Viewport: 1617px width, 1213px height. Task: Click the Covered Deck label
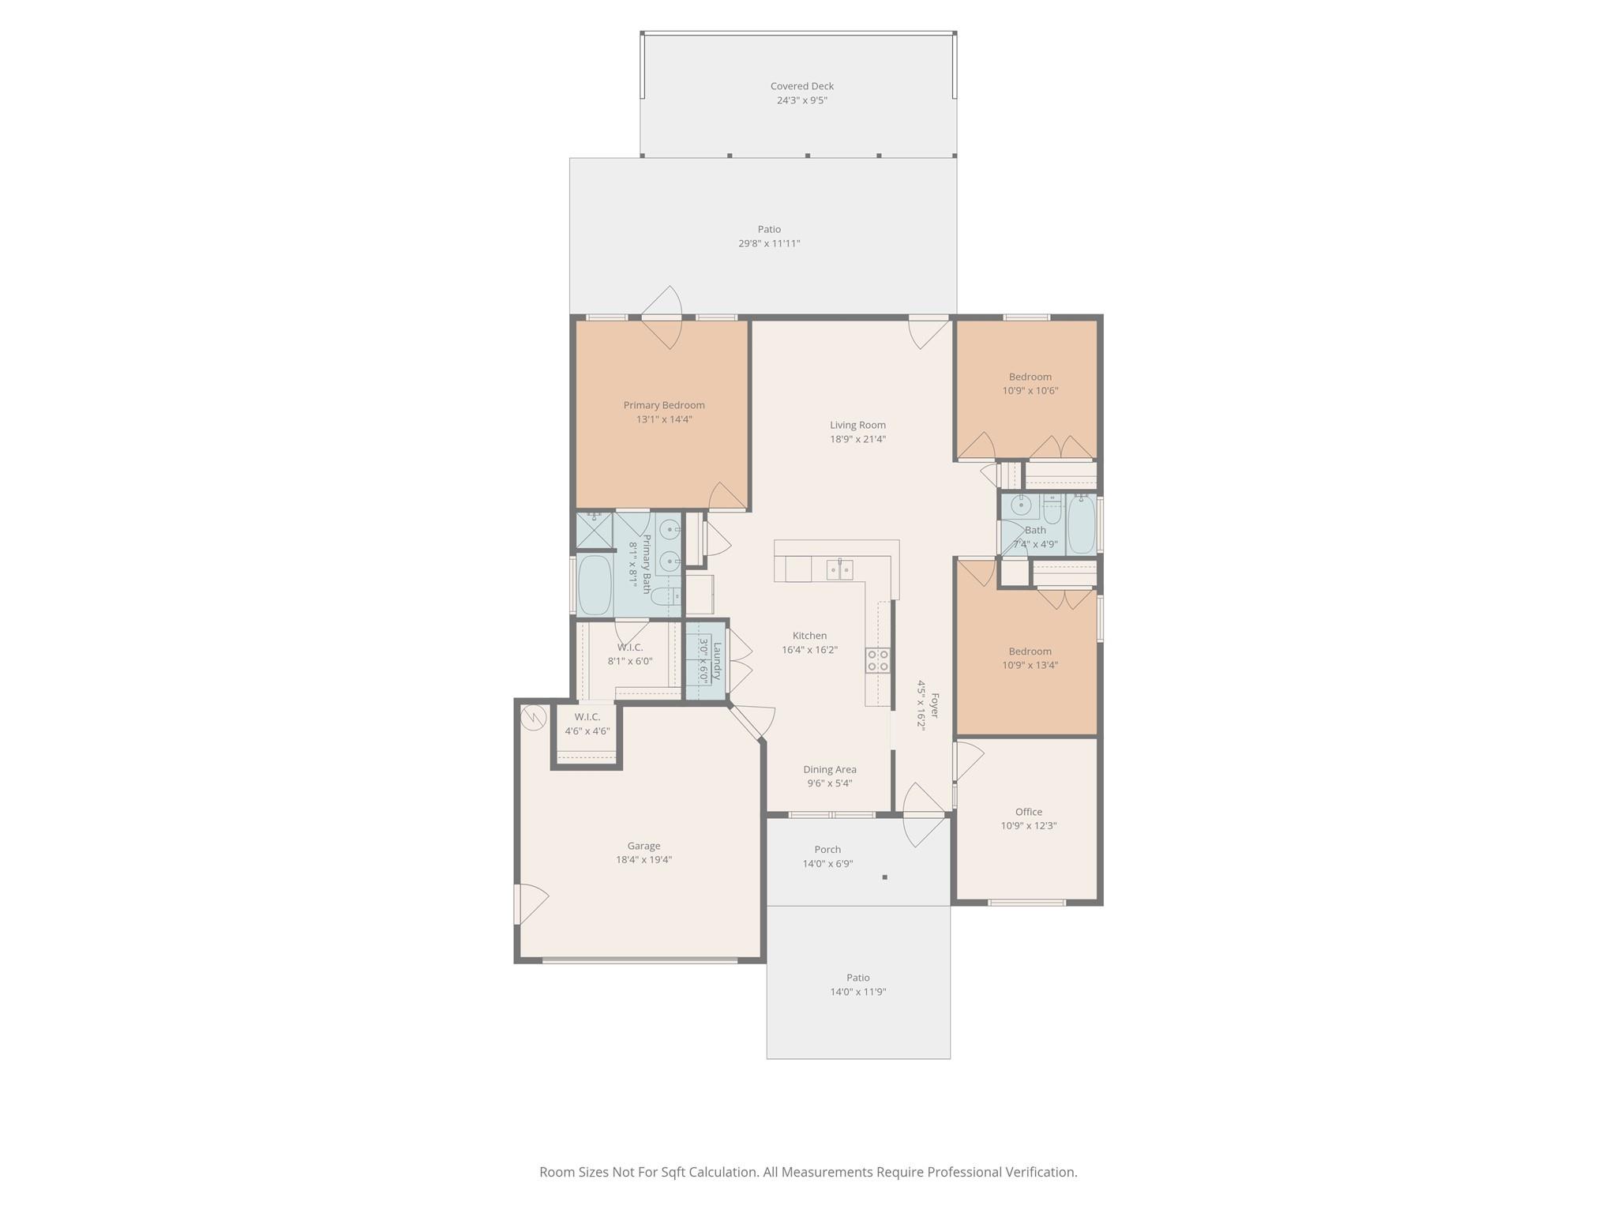click(x=801, y=86)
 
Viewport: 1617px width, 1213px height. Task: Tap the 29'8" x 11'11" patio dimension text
click(x=769, y=243)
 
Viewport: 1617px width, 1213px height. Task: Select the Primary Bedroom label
click(x=664, y=405)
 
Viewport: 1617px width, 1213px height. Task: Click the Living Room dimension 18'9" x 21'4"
click(x=857, y=439)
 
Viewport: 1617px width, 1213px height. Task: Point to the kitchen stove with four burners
click(x=878, y=660)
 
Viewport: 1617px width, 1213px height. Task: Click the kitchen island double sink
click(x=839, y=569)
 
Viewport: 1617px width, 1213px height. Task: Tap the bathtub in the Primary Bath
click(x=595, y=585)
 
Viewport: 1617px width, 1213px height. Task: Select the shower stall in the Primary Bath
click(x=594, y=530)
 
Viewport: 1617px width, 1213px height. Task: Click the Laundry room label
click(x=717, y=660)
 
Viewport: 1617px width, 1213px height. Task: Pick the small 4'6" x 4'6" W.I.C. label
click(x=587, y=717)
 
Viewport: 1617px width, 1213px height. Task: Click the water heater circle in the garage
click(x=534, y=717)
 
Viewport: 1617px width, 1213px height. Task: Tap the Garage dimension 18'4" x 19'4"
click(x=643, y=860)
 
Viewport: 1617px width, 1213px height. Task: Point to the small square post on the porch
click(x=884, y=877)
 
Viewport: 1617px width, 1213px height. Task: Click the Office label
click(x=1028, y=812)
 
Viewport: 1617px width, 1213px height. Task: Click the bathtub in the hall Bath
click(x=1081, y=524)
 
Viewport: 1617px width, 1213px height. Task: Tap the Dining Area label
click(x=829, y=769)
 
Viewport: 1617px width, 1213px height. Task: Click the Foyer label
click(x=935, y=704)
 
